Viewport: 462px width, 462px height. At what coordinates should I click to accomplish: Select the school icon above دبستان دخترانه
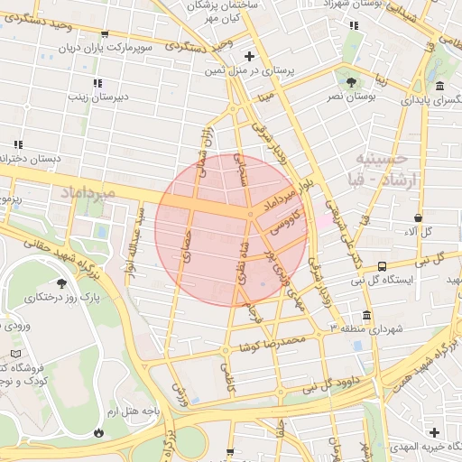pyautogui.click(x=17, y=143)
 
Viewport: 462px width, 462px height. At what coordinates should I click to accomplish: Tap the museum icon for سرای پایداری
pyautogui.click(x=439, y=86)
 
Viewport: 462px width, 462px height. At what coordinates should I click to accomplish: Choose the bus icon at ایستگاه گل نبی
pyautogui.click(x=383, y=266)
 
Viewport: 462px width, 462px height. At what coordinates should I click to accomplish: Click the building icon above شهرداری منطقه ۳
pyautogui.click(x=366, y=315)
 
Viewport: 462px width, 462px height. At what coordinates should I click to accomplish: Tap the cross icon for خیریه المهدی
pyautogui.click(x=435, y=432)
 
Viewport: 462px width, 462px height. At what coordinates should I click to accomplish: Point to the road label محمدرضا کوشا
pyautogui.click(x=274, y=343)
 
